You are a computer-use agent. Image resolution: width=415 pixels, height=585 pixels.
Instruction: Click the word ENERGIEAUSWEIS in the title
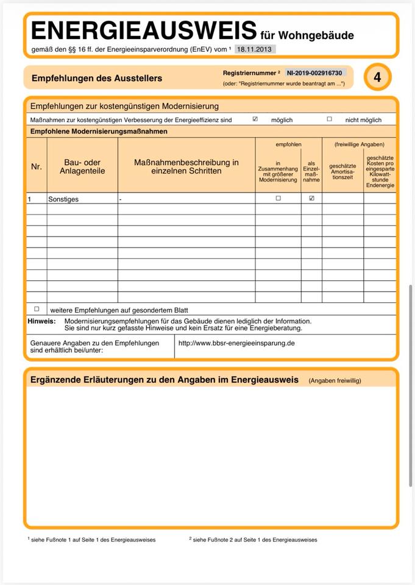pos(143,30)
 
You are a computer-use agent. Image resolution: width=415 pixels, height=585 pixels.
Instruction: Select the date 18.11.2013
pos(255,49)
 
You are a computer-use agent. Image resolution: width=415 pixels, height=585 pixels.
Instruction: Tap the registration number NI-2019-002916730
pos(315,73)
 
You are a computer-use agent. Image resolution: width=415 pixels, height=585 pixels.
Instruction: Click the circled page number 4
pos(378,77)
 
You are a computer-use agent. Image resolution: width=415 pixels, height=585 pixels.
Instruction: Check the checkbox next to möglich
pos(255,119)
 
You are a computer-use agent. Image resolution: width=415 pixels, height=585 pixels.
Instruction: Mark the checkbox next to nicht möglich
pos(329,119)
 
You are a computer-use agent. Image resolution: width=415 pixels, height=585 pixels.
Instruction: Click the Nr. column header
pos(37,166)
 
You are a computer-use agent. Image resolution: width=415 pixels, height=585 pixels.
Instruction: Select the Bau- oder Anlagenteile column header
pos(82,166)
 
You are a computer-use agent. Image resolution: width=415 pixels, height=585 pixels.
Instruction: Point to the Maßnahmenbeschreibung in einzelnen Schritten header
pos(186,166)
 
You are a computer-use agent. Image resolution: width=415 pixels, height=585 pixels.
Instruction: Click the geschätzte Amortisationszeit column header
pos(342,171)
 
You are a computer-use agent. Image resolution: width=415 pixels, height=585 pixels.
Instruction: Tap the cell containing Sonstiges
pos(63,199)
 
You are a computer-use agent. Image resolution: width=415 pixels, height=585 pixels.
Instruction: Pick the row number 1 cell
pos(29,199)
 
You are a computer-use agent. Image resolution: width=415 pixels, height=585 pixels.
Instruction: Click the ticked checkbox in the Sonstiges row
pos(311,199)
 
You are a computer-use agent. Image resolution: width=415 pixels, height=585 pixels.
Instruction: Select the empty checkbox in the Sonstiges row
pos(278,199)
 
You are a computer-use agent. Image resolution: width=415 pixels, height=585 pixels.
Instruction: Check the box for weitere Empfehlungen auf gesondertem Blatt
pos(37,310)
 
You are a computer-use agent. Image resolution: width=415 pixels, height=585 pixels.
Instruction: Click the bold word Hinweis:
pos(41,321)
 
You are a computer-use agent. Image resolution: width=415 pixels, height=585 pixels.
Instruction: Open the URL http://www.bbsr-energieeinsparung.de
pos(236,343)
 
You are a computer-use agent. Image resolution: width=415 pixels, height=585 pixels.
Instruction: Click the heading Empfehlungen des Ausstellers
pos(96,78)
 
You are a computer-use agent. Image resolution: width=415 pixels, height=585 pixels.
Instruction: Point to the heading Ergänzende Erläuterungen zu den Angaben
pos(164,380)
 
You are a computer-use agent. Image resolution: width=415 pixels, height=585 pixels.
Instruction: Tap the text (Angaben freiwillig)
pos(335,380)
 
